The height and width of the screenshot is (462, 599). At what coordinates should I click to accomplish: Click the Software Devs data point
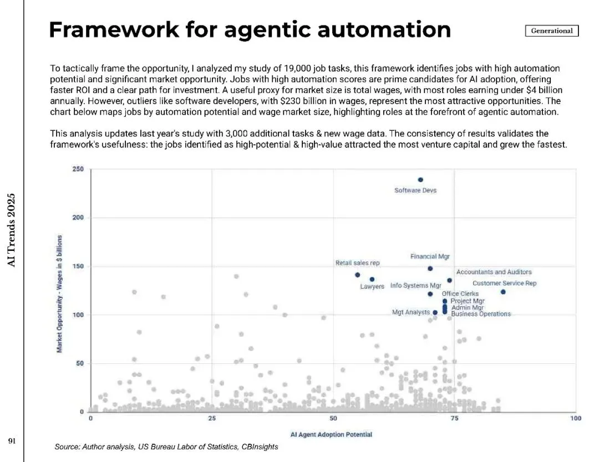pos(420,179)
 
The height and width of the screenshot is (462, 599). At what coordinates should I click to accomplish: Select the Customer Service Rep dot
pos(503,292)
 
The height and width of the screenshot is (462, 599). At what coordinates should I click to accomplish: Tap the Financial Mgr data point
pos(430,269)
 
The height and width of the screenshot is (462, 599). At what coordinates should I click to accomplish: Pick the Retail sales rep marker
pos(357,275)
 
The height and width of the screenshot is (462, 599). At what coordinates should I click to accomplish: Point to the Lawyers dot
pos(372,279)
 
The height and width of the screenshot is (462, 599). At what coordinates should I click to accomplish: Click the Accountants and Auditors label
pos(494,272)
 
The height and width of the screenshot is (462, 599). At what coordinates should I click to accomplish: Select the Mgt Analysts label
pos(410,313)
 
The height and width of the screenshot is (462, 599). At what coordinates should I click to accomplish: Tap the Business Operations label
pos(481,314)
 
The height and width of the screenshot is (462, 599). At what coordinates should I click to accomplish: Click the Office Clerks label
pos(460,294)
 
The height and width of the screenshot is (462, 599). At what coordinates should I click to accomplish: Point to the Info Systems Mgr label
pos(415,286)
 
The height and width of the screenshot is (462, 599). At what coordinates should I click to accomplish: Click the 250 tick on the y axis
pos(78,169)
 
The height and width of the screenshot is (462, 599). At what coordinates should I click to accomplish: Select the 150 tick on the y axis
pos(78,266)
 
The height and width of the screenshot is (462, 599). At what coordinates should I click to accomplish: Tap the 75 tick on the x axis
pos(454,419)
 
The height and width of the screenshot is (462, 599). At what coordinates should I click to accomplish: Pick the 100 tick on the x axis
pos(575,419)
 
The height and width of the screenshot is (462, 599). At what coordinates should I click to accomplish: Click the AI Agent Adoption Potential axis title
pos(331,434)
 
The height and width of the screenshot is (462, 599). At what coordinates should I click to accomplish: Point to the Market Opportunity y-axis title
pos(59,293)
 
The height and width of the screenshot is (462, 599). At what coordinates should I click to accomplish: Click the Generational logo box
pos(551,31)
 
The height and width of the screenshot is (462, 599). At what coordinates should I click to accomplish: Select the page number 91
pos(11,441)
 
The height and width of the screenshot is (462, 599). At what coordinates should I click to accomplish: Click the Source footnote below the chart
pos(166,447)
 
